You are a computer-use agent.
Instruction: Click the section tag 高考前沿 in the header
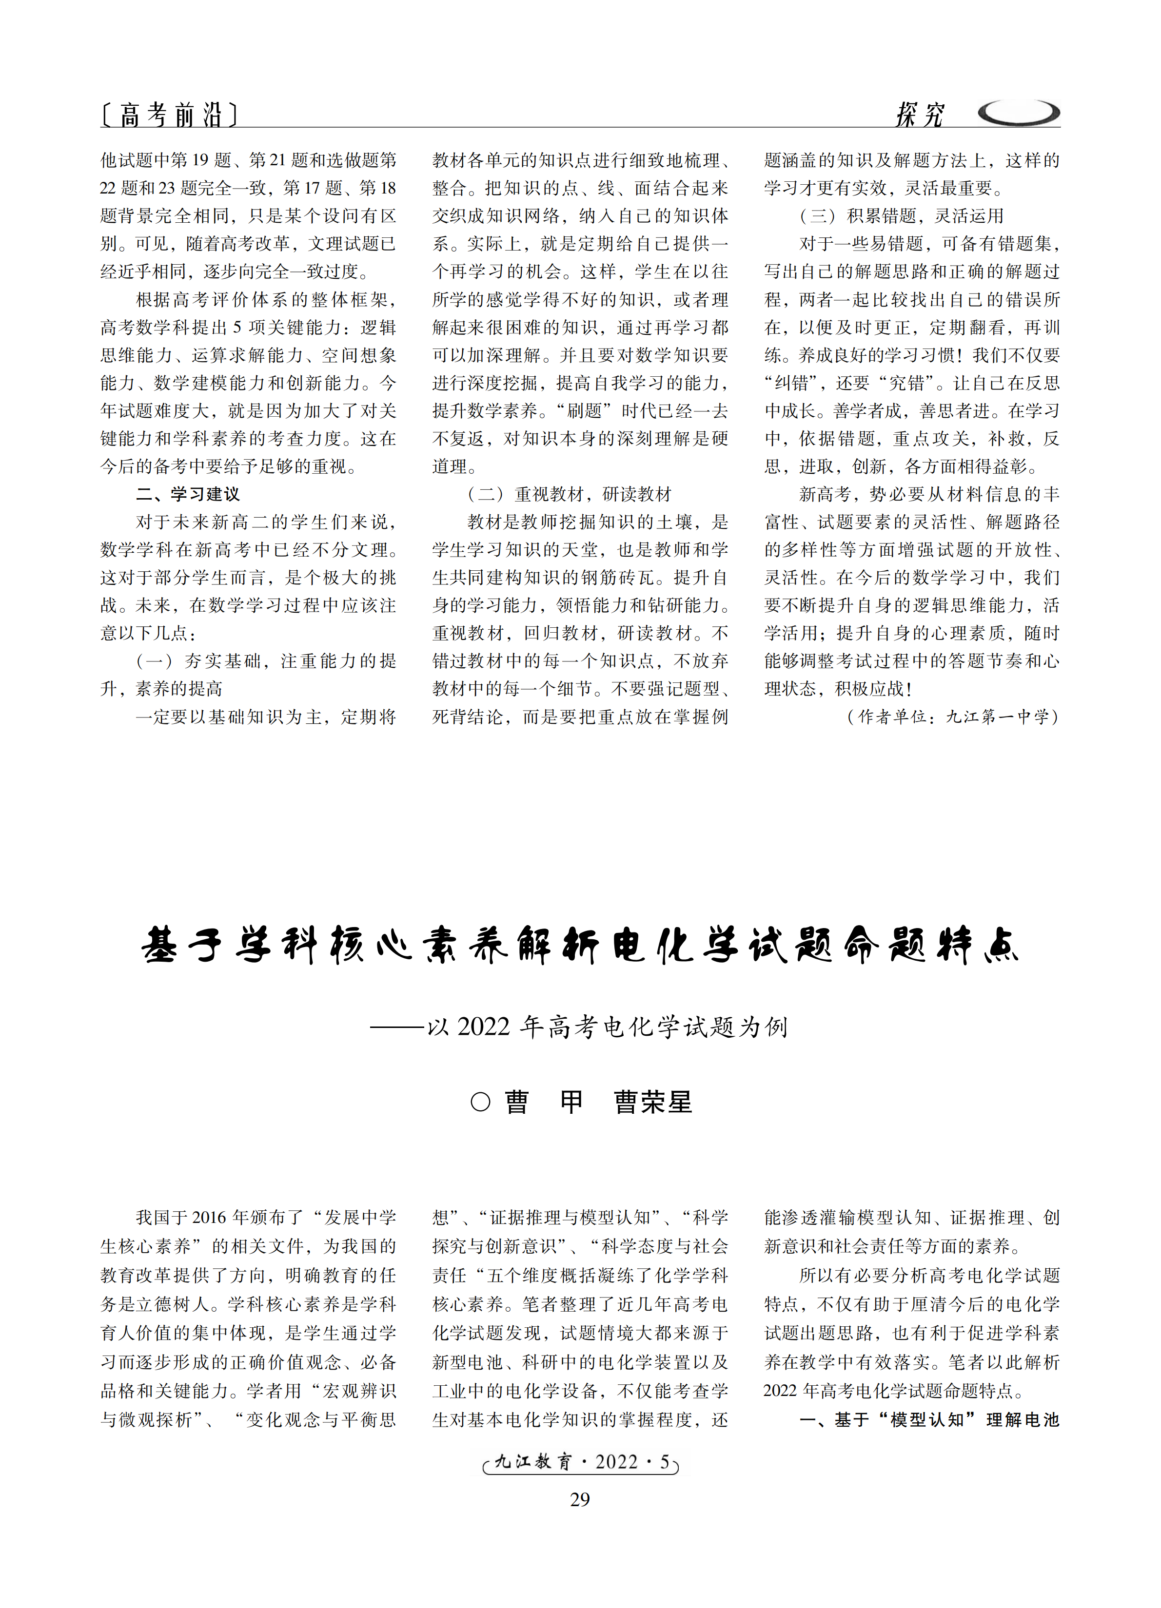click(x=170, y=114)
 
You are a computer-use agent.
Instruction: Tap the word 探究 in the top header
click(x=920, y=114)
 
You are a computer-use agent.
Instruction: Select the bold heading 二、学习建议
click(x=188, y=494)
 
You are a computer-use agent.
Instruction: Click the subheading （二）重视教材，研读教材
click(x=570, y=494)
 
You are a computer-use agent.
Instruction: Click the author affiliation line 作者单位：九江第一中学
click(x=952, y=717)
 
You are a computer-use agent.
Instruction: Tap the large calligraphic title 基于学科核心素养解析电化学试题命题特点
click(x=580, y=945)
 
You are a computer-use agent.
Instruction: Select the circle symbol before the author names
click(x=480, y=1102)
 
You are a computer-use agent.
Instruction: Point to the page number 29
click(x=580, y=1499)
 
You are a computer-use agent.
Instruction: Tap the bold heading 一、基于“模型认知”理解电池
click(x=929, y=1419)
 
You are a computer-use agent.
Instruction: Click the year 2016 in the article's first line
click(x=209, y=1218)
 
